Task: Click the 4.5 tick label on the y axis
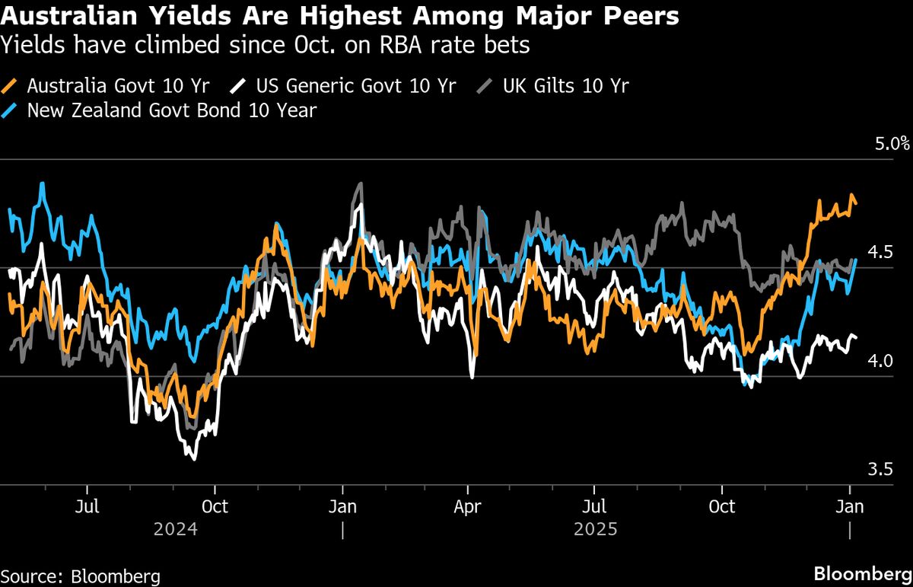pos(879,252)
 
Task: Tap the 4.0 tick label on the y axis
pos(879,361)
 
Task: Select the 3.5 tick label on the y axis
pos(879,470)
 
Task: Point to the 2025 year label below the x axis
pos(596,528)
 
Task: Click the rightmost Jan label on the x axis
pos(849,506)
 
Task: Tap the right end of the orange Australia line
pos(857,203)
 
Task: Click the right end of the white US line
pos(857,337)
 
